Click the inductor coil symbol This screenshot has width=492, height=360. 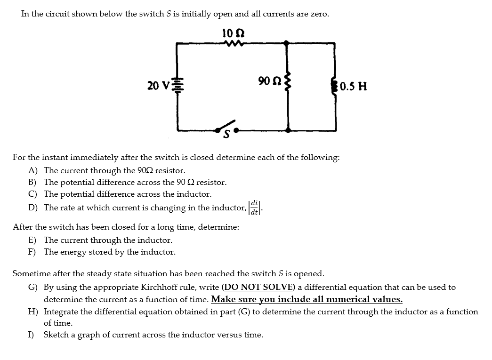coord(335,86)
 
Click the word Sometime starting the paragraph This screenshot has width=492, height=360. coord(31,273)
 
